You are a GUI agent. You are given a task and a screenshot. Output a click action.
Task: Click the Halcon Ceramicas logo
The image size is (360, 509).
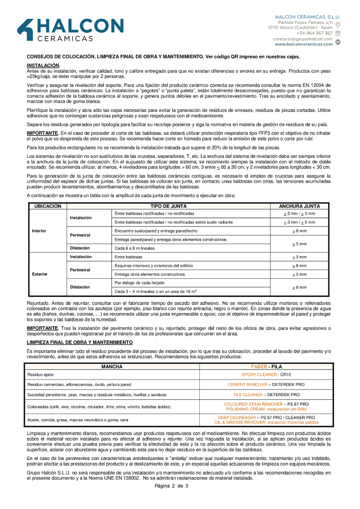(x=70, y=30)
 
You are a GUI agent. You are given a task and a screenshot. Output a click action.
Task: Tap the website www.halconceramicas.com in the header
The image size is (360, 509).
(x=304, y=45)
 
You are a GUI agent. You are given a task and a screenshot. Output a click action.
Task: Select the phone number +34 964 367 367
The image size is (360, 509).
(x=315, y=33)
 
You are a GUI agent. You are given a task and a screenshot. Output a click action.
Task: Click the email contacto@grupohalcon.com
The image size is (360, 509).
(x=303, y=39)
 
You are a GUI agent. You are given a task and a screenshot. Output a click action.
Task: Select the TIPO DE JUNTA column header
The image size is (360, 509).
(x=168, y=206)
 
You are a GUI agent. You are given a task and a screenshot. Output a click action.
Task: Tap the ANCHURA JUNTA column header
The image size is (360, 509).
(x=299, y=206)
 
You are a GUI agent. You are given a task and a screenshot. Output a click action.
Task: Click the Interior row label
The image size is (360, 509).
(x=39, y=231)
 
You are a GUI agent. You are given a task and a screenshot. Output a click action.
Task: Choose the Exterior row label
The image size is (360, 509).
(x=40, y=274)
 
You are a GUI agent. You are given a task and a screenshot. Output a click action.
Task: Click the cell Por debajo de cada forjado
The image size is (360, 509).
(x=139, y=283)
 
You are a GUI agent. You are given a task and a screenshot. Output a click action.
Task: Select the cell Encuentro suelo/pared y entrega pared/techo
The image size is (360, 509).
(x=156, y=231)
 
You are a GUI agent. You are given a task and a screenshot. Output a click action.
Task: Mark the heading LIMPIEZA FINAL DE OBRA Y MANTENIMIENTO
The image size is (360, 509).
(x=80, y=343)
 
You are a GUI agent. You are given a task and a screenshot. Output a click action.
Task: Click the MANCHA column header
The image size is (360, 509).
(x=112, y=367)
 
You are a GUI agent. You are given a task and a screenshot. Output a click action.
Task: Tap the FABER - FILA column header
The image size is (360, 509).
(x=266, y=367)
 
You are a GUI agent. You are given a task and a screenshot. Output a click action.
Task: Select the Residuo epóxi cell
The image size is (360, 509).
(x=40, y=375)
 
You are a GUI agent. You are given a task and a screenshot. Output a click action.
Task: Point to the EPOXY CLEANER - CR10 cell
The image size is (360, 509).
(x=266, y=375)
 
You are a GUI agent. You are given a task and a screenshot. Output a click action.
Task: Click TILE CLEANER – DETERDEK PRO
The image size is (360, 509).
(x=266, y=395)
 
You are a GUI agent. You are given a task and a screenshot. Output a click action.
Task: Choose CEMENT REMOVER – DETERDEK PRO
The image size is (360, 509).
(x=266, y=385)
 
